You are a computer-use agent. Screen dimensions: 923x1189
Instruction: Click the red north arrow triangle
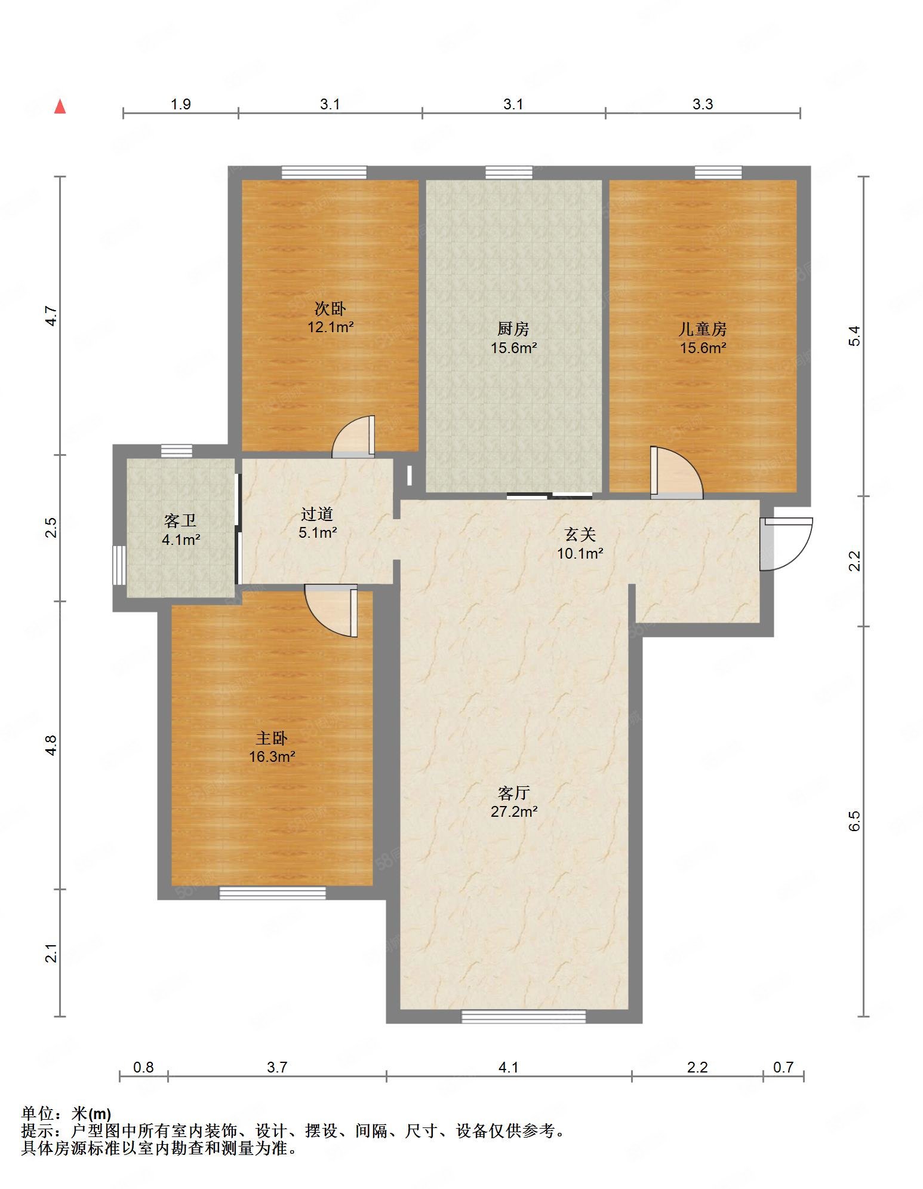click(60, 106)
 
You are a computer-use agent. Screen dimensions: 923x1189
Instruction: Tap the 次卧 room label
click(330, 308)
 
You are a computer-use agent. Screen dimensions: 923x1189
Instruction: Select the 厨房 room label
click(513, 329)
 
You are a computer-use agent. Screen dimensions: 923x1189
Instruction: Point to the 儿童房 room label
click(703, 329)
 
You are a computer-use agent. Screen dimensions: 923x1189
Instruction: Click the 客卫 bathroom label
click(180, 521)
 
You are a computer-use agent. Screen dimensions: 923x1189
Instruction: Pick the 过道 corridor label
click(317, 514)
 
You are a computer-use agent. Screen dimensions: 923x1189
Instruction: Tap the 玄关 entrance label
click(580, 534)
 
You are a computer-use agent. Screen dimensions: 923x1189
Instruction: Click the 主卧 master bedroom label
click(272, 738)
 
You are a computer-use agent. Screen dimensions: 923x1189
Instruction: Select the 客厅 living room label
click(513, 793)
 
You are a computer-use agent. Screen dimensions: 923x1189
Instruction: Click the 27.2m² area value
click(514, 811)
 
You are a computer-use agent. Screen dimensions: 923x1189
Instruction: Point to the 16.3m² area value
click(272, 757)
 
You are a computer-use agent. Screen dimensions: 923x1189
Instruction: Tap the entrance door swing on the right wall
click(786, 544)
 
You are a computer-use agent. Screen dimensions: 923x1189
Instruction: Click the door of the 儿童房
click(676, 472)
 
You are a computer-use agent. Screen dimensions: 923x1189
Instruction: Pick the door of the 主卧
click(331, 611)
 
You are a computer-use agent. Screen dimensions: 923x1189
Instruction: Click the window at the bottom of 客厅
click(524, 1016)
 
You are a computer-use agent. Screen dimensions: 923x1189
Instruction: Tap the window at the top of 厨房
click(509, 173)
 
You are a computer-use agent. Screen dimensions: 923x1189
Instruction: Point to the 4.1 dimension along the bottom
click(508, 1067)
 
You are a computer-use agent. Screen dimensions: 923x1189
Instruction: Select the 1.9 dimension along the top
click(181, 104)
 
